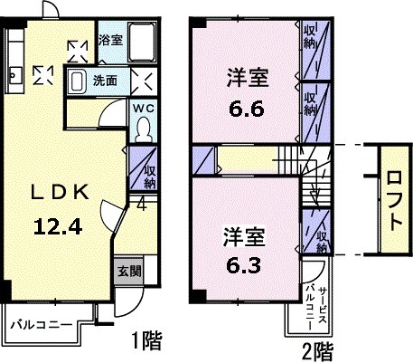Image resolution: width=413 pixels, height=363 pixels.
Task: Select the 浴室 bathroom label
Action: pos(109,40)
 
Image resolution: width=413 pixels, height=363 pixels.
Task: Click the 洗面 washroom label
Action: pos(105,80)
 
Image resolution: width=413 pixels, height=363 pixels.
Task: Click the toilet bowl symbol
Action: pos(143,130)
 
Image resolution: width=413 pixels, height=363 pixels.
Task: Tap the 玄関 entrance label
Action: pos(127,269)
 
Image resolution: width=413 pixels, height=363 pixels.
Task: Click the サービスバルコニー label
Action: pos(314,302)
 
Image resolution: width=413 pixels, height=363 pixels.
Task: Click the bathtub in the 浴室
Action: pos(143,41)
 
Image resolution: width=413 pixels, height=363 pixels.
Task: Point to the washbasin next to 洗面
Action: pos(78,81)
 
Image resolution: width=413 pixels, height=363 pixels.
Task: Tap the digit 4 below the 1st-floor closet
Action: pos(142,204)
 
